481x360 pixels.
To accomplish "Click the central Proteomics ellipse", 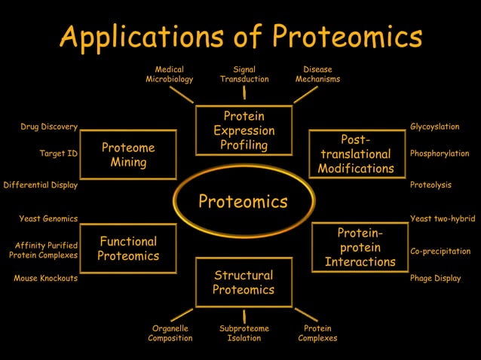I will click(243, 201).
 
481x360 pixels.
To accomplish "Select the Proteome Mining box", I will click(128, 154).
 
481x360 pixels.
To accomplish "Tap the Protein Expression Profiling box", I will click(244, 131).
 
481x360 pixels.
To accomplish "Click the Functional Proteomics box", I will click(128, 249).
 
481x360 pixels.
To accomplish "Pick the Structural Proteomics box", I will click(244, 282).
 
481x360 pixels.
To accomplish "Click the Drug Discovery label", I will click(49, 127).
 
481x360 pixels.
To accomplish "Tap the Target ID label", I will click(59, 154).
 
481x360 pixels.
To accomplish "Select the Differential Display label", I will click(41, 185).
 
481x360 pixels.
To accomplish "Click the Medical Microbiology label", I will click(170, 74).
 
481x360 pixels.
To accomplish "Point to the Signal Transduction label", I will click(244, 74).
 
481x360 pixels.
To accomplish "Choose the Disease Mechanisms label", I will click(317, 74).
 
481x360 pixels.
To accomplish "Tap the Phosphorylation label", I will click(440, 154).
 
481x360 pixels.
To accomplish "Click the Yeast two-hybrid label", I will click(443, 218).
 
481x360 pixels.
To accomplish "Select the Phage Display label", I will click(435, 278).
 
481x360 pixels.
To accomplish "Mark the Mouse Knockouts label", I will click(45, 278).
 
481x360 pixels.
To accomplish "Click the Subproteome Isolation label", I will click(244, 333).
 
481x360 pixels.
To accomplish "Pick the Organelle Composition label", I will click(170, 333).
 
